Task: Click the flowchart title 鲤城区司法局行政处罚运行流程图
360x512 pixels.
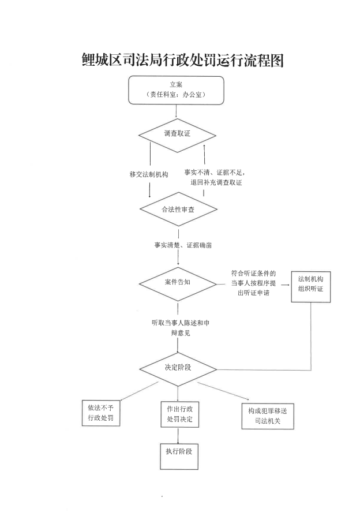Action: pos(183,60)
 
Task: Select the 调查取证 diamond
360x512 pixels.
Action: pos(177,134)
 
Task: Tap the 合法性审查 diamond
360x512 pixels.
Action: pos(178,209)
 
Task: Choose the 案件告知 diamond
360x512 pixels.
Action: pos(178,282)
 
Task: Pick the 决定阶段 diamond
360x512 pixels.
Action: pos(178,367)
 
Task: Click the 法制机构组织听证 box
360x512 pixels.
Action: pos(311,285)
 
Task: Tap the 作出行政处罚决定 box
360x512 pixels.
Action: pos(179,413)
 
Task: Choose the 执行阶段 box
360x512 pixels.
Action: pos(178,456)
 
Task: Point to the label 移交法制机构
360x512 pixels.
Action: pos(149,174)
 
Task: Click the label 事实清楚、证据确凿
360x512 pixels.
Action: pos(183,245)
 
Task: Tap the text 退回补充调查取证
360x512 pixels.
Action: pos(216,182)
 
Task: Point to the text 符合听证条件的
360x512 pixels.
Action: pos(254,273)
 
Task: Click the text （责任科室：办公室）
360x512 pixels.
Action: pos(176,95)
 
